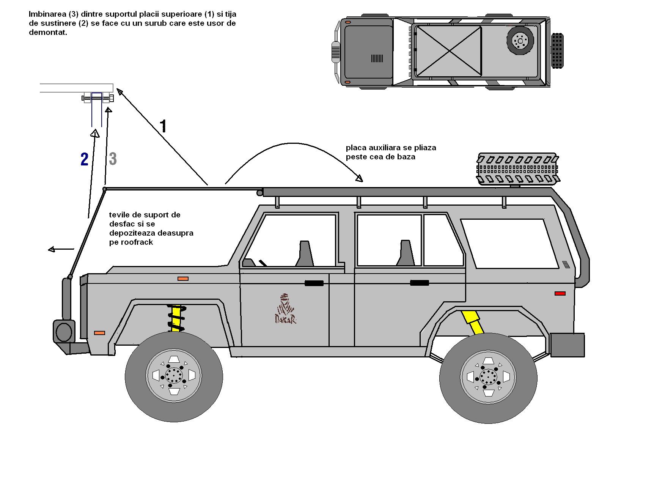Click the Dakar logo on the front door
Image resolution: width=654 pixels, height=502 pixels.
(x=285, y=308)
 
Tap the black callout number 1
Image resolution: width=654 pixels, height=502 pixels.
(x=163, y=126)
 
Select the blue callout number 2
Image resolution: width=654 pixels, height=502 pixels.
(x=84, y=159)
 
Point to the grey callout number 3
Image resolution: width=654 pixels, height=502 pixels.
(x=113, y=159)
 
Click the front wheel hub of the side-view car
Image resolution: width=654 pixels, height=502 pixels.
(x=174, y=376)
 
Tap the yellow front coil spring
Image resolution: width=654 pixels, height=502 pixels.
(x=176, y=318)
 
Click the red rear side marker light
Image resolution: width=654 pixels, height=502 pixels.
(x=560, y=293)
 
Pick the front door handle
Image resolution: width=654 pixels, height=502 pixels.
(x=314, y=283)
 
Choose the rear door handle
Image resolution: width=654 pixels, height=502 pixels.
(x=419, y=283)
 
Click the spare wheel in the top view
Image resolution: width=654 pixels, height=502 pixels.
(x=520, y=40)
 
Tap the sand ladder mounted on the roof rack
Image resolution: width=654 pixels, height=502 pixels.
(x=517, y=168)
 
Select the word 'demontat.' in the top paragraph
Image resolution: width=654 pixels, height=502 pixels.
(x=48, y=32)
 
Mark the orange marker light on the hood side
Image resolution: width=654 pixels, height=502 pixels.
(x=183, y=279)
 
